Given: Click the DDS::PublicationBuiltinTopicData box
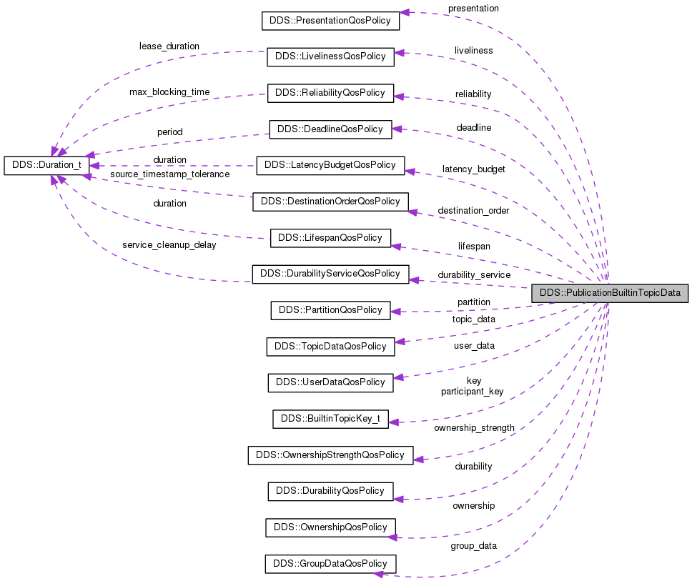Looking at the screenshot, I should pos(610,293).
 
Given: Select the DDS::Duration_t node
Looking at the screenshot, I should pos(47,165).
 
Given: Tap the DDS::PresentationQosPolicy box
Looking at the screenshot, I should pos(330,21).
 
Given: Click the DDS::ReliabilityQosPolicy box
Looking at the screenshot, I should pos(330,93).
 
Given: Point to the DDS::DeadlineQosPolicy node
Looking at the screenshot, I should pos(330,129).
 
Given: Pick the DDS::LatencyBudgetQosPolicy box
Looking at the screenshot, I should pos(330,165).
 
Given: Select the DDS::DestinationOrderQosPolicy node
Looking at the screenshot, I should pos(330,202).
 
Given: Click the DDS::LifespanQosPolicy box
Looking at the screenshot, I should pos(330,238).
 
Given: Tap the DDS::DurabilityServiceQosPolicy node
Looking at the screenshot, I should pos(330,274).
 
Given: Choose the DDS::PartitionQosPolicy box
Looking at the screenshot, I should pos(330,310).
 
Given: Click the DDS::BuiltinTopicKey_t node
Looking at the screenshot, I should pos(330,419).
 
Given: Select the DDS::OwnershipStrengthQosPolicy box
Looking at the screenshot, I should pos(330,455).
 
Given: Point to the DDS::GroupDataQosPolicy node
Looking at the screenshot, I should pos(330,563).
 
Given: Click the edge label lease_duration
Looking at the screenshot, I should pos(169,46).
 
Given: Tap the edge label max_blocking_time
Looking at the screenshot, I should pos(169,92).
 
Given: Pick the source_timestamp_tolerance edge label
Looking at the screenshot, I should pos(169,174).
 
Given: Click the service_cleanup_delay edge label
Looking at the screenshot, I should pos(169,244).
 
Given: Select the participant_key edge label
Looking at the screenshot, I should pos(472,391).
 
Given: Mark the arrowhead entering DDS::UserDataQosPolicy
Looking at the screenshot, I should pos(399,377).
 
